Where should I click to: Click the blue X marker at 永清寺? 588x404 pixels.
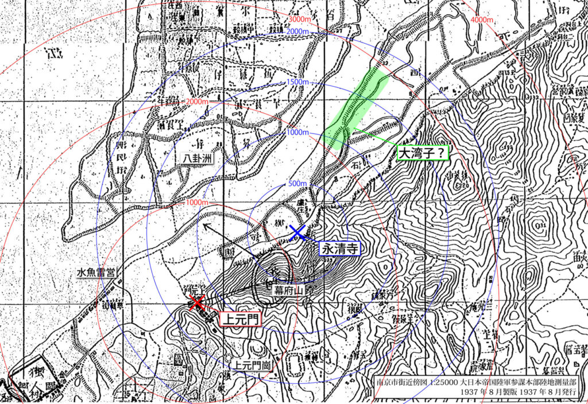tap(297, 232)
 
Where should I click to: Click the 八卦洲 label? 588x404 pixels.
tap(194, 157)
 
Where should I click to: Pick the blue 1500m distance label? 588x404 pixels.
tap(297, 83)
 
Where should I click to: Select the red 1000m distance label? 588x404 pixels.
tap(197, 203)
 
